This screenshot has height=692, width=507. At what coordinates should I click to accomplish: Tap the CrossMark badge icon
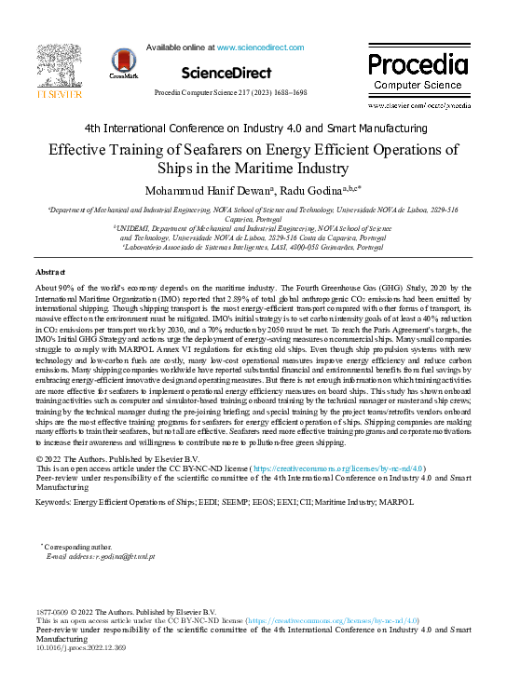(123, 63)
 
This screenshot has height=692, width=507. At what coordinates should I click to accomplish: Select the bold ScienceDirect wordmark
(226, 73)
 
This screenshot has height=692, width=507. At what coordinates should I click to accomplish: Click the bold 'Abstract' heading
(50, 271)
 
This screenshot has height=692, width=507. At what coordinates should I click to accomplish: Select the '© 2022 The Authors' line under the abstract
(118, 458)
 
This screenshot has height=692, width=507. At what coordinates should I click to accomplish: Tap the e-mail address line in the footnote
(101, 556)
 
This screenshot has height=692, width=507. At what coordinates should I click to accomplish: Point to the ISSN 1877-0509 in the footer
(52, 610)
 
